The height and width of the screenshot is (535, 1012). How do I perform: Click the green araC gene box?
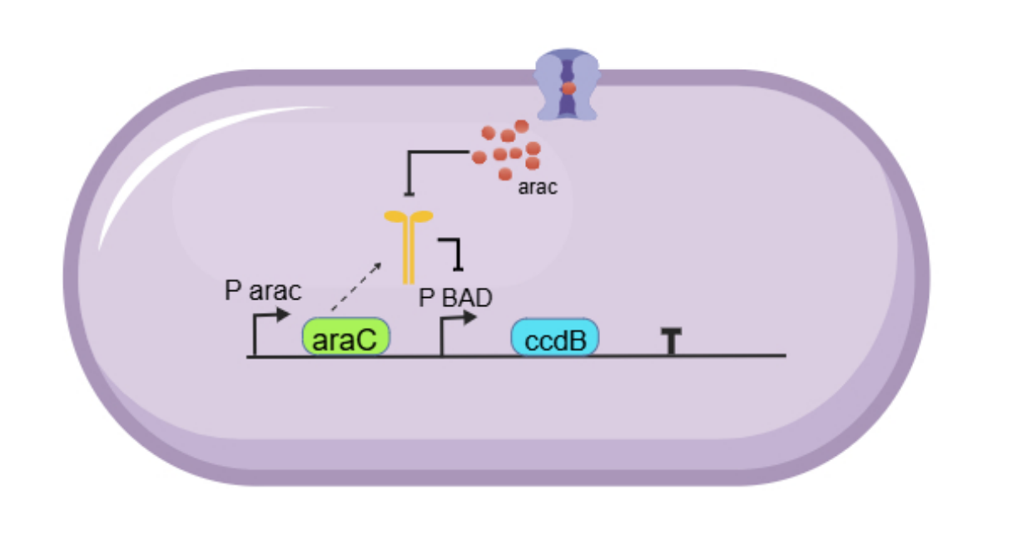345,337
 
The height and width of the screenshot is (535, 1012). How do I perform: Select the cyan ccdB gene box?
554,338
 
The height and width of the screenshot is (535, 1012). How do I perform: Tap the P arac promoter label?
263,292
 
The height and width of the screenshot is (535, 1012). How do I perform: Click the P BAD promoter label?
455,298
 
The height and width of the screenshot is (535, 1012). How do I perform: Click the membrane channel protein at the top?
567,83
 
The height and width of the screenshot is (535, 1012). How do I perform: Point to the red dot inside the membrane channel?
568,87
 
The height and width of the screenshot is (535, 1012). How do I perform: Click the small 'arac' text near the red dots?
538,188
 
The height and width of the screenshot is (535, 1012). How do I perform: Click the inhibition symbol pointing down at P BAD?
454,253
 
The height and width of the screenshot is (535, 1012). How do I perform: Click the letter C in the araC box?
372,339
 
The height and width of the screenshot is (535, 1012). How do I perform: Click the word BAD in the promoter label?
465,298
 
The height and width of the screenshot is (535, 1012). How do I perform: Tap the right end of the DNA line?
783,356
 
